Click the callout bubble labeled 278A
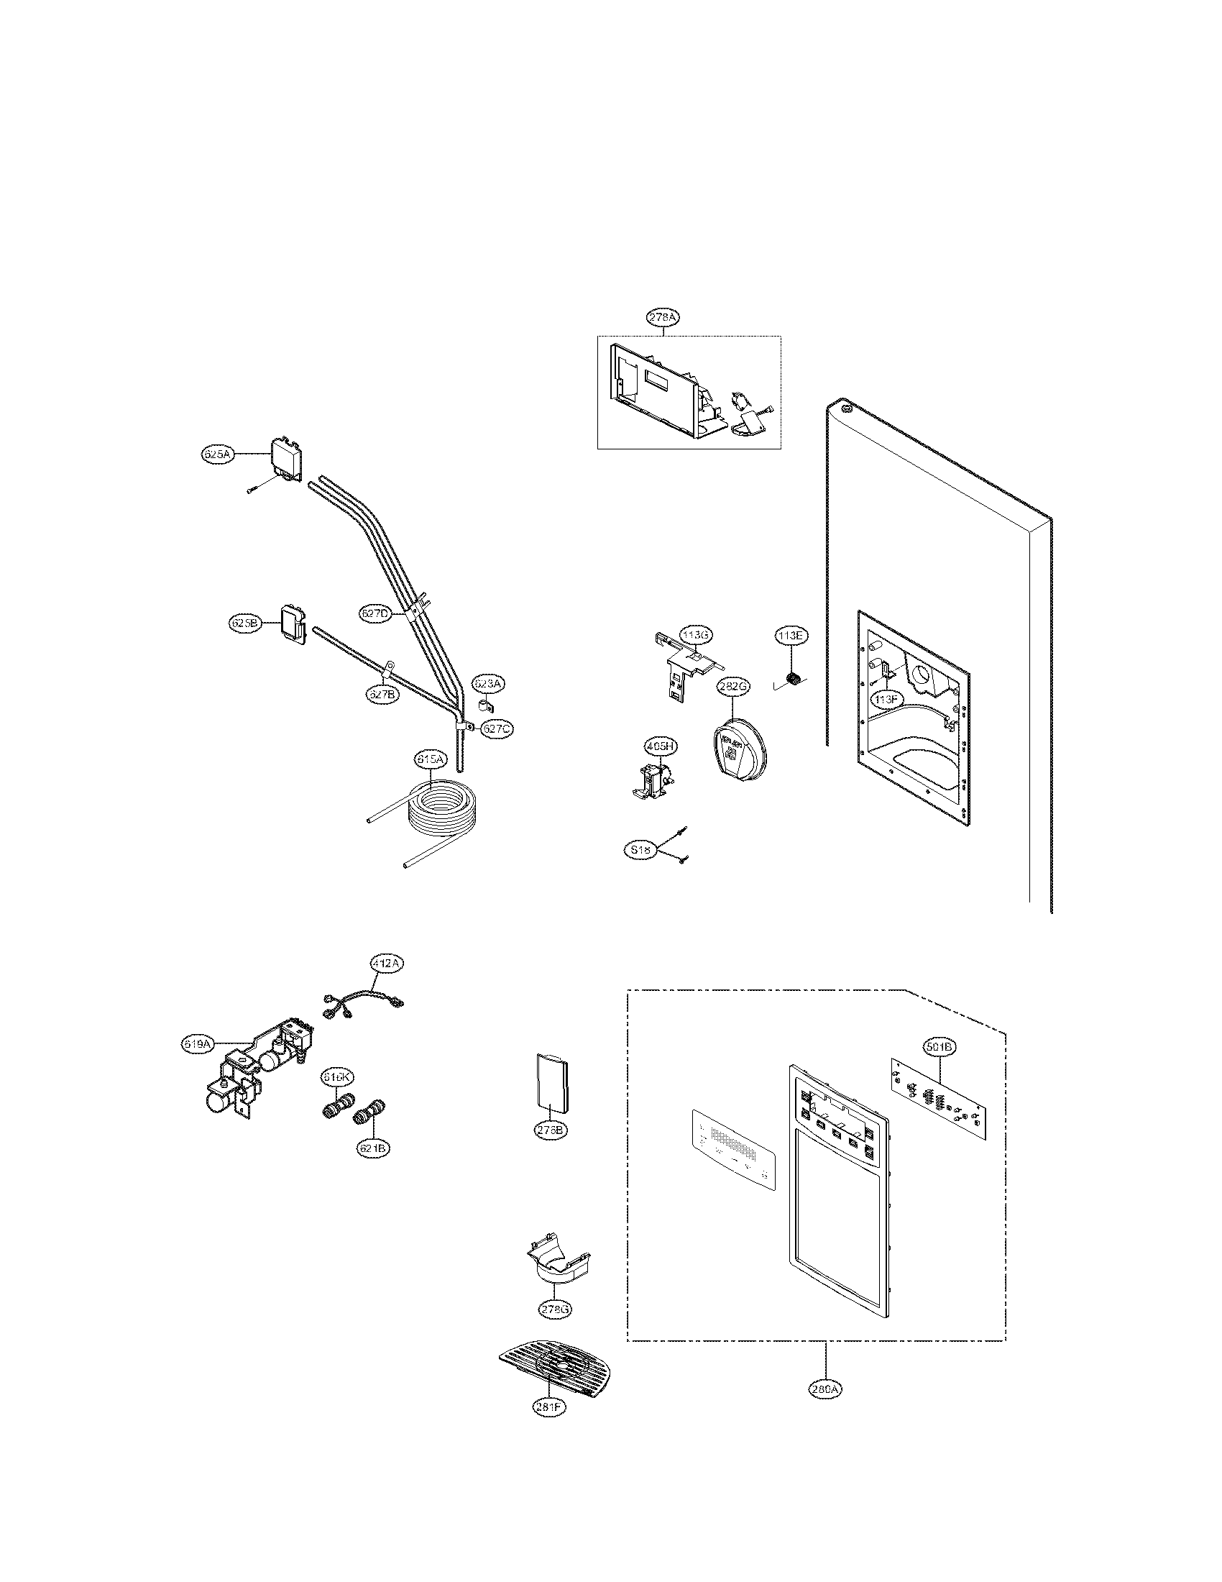coord(663,317)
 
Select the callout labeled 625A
coord(216,454)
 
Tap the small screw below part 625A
coord(251,491)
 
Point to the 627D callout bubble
coord(375,613)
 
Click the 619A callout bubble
coord(197,1044)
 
